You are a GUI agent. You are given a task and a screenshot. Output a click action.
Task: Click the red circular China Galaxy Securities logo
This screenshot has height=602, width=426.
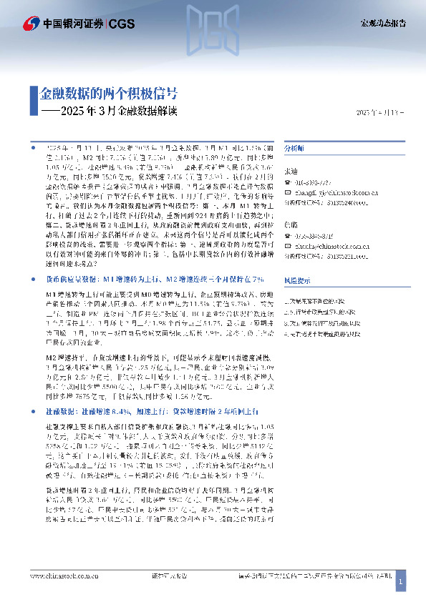(x=32, y=23)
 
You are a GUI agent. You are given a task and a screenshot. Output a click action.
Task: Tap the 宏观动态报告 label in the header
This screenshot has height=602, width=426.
(x=382, y=23)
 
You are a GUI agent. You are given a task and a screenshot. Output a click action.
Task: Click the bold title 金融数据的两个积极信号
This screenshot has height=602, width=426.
(x=108, y=94)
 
